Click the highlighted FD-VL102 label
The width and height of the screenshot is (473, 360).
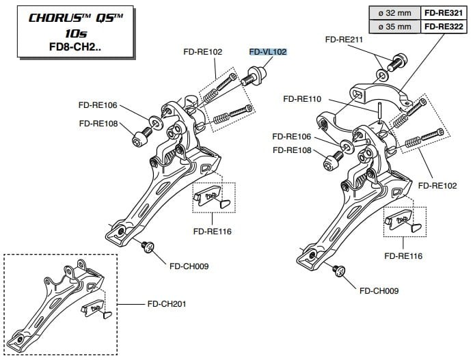coord(268,51)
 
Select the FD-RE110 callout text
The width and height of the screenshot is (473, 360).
coord(302,99)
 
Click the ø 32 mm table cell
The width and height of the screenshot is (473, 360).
coord(392,12)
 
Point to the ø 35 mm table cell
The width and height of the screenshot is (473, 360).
coord(392,26)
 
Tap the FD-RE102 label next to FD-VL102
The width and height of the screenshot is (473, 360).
coord(202,51)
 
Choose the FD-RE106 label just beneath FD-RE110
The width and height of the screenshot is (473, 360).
coord(292,136)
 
